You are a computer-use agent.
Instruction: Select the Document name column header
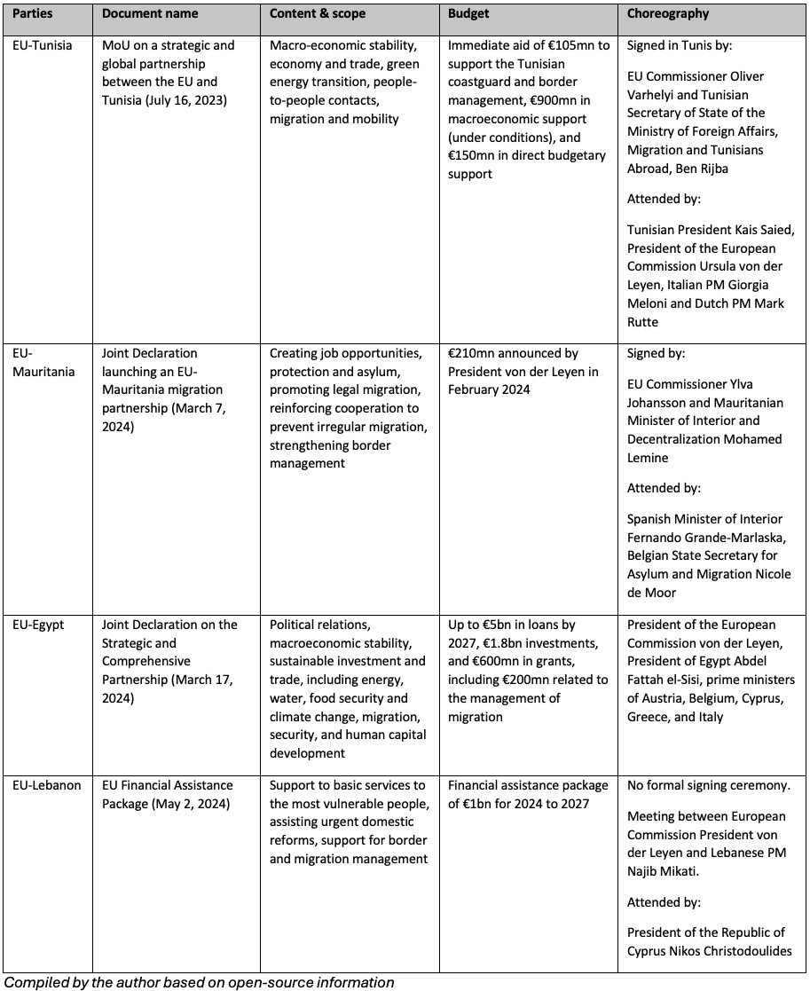(x=150, y=14)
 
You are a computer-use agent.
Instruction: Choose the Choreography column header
(x=668, y=14)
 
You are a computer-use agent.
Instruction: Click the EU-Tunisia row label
(x=43, y=44)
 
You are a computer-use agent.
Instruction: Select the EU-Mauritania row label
(x=43, y=362)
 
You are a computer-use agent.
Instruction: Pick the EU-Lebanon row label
(x=46, y=785)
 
